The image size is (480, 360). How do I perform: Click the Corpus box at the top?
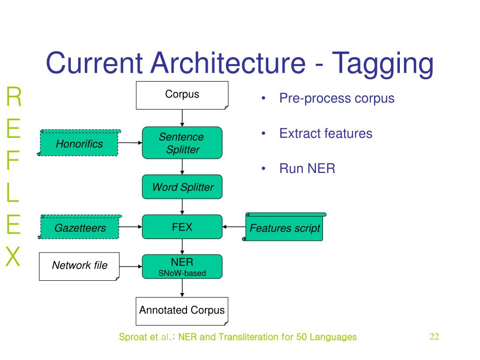coord(182,95)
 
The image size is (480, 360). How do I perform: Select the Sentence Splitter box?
coord(182,142)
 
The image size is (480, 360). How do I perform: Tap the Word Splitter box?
coord(182,187)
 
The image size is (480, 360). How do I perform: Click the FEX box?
coord(182,227)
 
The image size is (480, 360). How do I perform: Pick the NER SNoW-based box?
coord(182,267)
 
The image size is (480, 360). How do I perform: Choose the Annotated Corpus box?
coord(182,311)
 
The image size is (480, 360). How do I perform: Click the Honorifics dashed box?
coord(79,143)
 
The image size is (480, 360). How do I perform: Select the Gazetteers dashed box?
coord(80,227)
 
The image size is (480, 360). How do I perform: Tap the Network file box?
coord(79,266)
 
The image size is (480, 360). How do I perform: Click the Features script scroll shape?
coord(284,227)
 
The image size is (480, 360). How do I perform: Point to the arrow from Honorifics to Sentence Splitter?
coord(130,142)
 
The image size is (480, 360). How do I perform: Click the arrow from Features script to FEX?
coord(234,227)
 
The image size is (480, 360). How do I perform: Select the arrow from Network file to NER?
coord(131,267)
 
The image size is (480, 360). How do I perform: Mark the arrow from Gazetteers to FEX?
coord(130,227)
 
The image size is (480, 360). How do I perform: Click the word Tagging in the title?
coord(382,64)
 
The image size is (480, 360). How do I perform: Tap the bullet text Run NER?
coord(307,168)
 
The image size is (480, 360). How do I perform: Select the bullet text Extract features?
coord(326,134)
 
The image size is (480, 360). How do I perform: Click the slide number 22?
coord(435,337)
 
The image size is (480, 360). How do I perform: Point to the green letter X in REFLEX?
coord(13,256)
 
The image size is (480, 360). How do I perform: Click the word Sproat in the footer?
coord(134,337)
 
